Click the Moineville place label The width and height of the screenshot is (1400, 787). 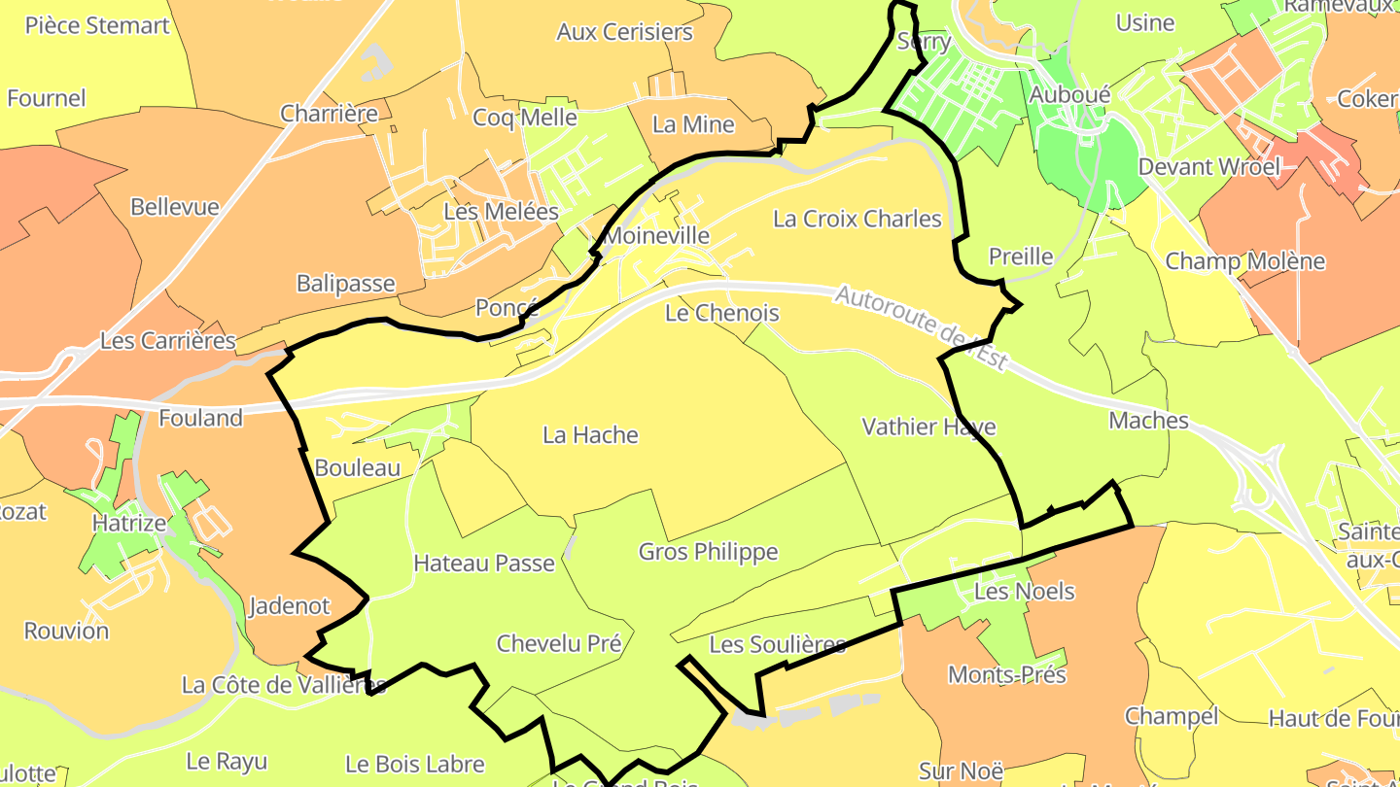[x=656, y=236]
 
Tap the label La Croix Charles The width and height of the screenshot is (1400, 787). [x=857, y=219]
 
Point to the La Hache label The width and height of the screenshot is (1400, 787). [x=590, y=435]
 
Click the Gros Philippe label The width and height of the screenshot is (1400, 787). [x=708, y=552]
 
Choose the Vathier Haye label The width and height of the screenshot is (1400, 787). [x=928, y=427]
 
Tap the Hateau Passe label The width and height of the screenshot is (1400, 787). [x=483, y=563]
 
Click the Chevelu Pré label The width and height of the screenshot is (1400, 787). [x=558, y=643]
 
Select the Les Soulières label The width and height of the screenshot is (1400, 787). [x=777, y=644]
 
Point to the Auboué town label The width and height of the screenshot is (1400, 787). [x=1069, y=95]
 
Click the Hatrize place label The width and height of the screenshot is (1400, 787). [x=128, y=523]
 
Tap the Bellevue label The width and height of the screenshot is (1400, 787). [x=174, y=207]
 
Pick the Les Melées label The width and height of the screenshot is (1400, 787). [x=501, y=212]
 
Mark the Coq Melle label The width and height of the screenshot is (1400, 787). [x=524, y=118]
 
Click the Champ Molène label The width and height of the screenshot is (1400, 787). [x=1244, y=261]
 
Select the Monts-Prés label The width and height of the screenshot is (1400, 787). [x=1006, y=674]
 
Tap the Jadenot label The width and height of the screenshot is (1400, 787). [x=289, y=606]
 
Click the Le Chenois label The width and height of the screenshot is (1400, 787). [x=721, y=313]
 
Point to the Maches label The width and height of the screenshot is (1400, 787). [x=1148, y=421]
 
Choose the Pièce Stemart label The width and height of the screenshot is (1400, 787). [x=97, y=25]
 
